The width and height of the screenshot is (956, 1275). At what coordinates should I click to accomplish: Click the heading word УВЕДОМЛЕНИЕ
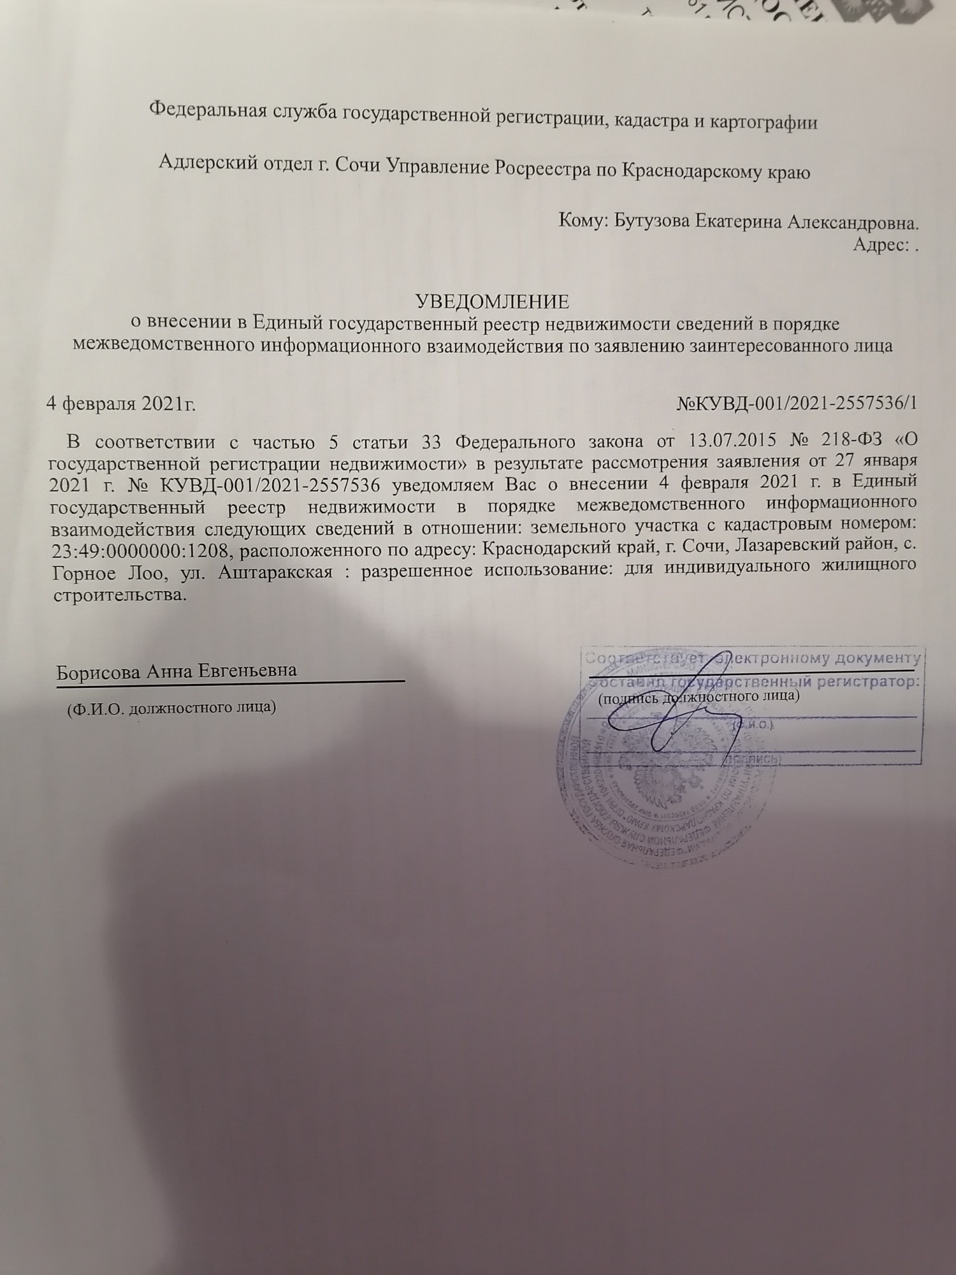tap(491, 300)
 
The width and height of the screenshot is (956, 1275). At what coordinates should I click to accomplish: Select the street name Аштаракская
tap(275, 571)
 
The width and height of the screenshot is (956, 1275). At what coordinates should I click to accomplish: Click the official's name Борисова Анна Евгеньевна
tap(177, 671)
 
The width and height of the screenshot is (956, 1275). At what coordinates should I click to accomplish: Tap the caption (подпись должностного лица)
tap(699, 696)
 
